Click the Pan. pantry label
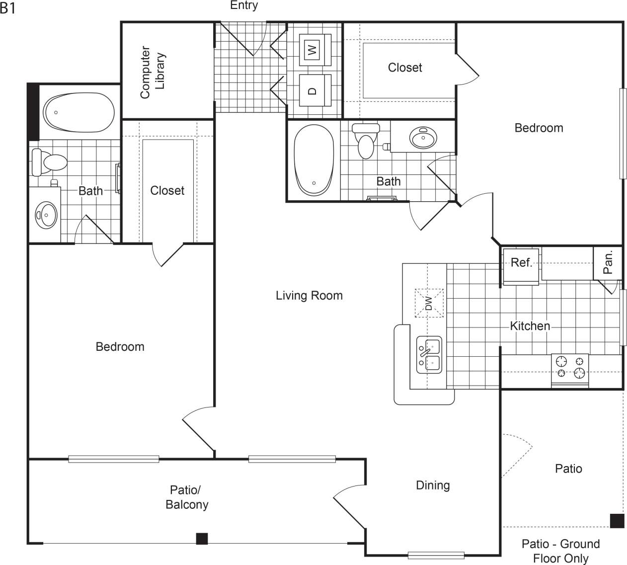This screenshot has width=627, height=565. click(608, 262)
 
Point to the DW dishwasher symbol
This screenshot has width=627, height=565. click(429, 303)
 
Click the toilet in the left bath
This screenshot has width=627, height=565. click(50, 162)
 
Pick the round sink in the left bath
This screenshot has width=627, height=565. click(46, 214)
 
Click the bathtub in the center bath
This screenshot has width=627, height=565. click(313, 160)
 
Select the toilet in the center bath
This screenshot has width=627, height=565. click(366, 141)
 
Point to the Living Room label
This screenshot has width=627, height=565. click(309, 296)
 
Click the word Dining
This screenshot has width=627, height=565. click(433, 485)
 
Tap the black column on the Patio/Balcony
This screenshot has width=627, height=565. click(202, 538)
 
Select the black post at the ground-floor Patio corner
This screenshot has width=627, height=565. click(617, 520)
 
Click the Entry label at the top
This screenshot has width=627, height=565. click(244, 5)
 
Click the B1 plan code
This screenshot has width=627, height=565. click(8, 8)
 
